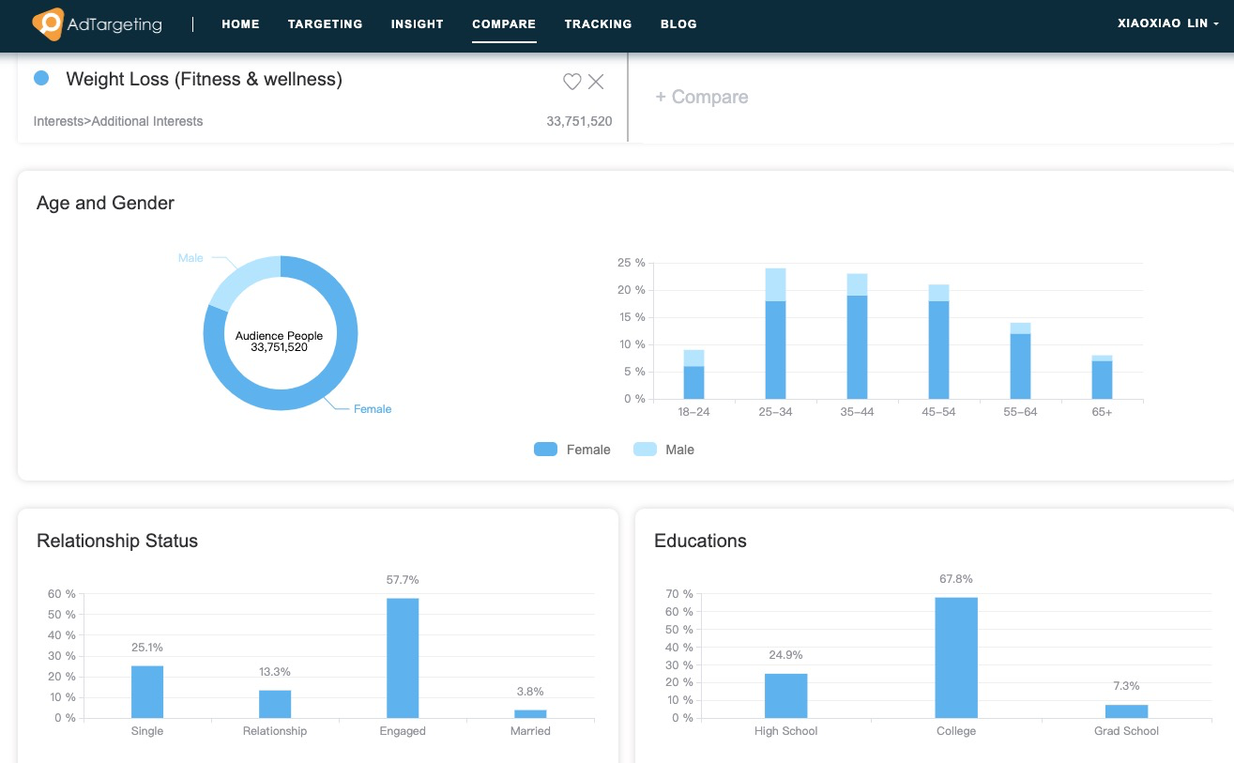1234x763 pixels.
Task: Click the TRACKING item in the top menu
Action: click(598, 23)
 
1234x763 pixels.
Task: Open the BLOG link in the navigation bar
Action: click(678, 23)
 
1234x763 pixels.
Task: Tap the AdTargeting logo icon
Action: click(48, 23)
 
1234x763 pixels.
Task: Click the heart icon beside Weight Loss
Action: click(571, 82)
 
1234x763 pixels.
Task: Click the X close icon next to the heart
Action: click(596, 82)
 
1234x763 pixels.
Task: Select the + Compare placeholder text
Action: click(701, 97)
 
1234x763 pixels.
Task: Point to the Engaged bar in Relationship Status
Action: click(403, 658)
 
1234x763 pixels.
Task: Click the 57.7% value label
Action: click(403, 580)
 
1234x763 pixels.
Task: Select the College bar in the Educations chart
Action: click(956, 657)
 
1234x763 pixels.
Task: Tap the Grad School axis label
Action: click(1126, 731)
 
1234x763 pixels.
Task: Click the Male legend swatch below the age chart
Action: click(645, 450)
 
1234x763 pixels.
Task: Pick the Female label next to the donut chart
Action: click(372, 409)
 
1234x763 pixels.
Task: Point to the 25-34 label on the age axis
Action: click(775, 412)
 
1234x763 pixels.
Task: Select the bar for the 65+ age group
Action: click(1102, 378)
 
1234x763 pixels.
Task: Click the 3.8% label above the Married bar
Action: click(530, 692)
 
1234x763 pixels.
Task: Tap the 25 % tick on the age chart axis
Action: click(631, 263)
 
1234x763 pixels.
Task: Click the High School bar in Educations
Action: click(785, 695)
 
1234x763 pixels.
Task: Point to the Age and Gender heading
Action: click(105, 203)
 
